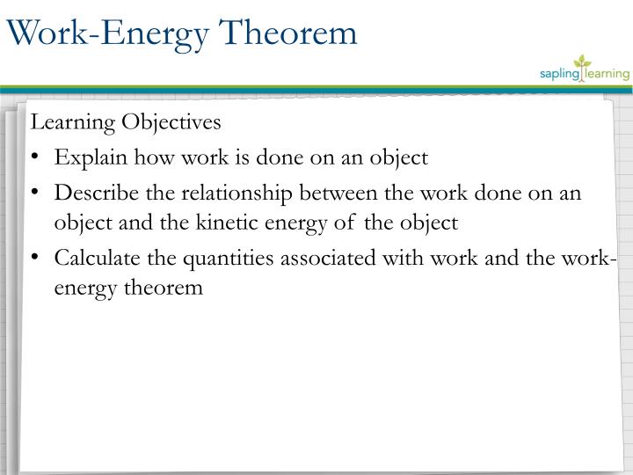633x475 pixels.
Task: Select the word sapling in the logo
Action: point(559,75)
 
